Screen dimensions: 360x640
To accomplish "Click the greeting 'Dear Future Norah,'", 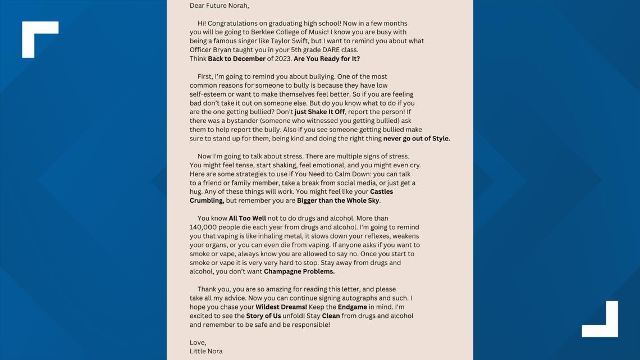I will (x=219, y=6).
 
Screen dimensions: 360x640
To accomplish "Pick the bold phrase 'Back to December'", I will (x=236, y=58).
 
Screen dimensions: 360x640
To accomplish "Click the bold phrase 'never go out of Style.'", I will (x=416, y=138).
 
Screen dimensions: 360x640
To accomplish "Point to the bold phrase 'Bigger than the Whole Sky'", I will (x=338, y=200).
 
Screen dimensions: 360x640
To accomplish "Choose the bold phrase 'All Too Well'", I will (x=247, y=218).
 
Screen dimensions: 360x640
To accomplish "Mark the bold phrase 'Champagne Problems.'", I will (x=299, y=271).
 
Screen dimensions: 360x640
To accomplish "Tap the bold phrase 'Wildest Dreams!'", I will (x=281, y=307).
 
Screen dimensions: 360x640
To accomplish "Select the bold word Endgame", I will (x=352, y=307).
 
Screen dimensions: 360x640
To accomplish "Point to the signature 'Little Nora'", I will (x=206, y=351).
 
